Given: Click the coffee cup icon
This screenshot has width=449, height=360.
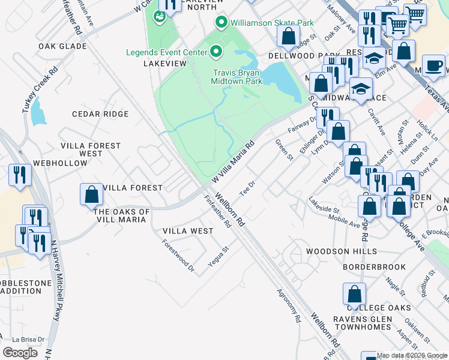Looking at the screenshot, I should tap(433, 66).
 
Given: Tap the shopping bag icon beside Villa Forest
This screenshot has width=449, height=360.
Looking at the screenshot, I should tap(91, 194).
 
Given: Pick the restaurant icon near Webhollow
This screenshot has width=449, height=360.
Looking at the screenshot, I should tap(20, 175).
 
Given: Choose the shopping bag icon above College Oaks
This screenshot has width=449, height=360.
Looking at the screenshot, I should tap(354, 295).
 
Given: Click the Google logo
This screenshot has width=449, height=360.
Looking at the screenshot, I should tap(20, 352).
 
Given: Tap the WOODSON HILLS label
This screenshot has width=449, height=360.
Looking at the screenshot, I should tap(342, 251).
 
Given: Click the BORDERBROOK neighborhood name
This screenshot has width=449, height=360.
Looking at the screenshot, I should tap(373, 266).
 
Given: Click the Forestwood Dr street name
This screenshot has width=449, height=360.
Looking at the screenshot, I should tap(178, 256).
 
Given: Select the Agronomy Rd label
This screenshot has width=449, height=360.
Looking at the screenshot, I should tap(288, 307).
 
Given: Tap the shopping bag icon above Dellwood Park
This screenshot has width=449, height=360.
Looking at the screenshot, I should tap(288, 37).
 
